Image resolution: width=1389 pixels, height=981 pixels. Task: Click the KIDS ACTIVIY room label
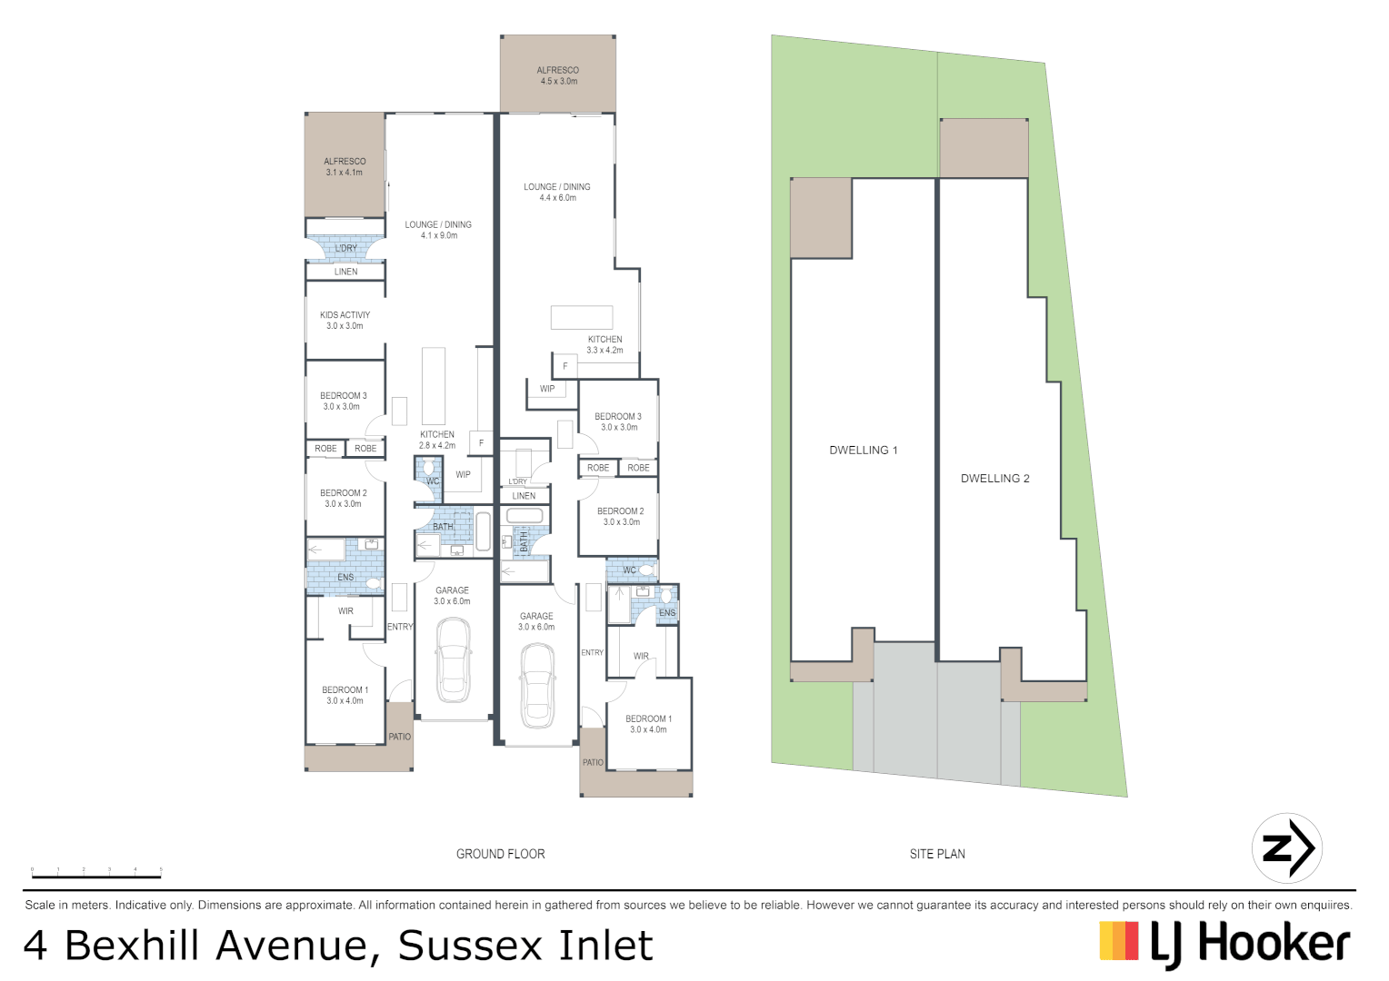pyautogui.click(x=345, y=320)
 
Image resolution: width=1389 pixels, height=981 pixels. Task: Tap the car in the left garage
pyautogui.click(x=452, y=660)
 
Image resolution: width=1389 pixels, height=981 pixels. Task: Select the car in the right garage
pyautogui.click(x=536, y=686)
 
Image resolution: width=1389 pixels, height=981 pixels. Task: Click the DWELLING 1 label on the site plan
pyautogui.click(x=863, y=450)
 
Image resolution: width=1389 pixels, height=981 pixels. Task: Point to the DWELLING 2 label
pyautogui.click(x=994, y=479)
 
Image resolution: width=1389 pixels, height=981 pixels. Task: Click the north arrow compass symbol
pyautogui.click(x=1286, y=849)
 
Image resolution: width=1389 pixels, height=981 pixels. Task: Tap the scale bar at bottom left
pyautogui.click(x=96, y=873)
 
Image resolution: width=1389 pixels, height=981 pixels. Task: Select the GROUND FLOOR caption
pyautogui.click(x=500, y=854)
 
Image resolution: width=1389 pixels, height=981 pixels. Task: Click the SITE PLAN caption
pyautogui.click(x=936, y=854)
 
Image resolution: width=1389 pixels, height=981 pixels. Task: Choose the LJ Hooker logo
pyautogui.click(x=1224, y=944)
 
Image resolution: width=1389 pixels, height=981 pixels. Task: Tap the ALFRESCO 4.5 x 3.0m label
pyautogui.click(x=557, y=75)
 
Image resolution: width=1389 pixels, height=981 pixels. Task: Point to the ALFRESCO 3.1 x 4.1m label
pyautogui.click(x=345, y=167)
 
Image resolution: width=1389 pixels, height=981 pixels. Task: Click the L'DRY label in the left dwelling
pyautogui.click(x=345, y=248)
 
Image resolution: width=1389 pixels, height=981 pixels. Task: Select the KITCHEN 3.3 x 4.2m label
pyautogui.click(x=605, y=344)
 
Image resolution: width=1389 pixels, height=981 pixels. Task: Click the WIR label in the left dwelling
pyautogui.click(x=345, y=611)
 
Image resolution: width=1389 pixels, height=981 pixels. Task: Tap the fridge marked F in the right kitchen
pyautogui.click(x=565, y=366)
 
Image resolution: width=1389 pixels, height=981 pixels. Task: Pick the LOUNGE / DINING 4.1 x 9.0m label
pyautogui.click(x=438, y=230)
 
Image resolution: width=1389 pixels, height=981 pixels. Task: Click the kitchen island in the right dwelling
pyautogui.click(x=581, y=317)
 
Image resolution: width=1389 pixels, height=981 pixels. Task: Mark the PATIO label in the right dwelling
pyautogui.click(x=593, y=762)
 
